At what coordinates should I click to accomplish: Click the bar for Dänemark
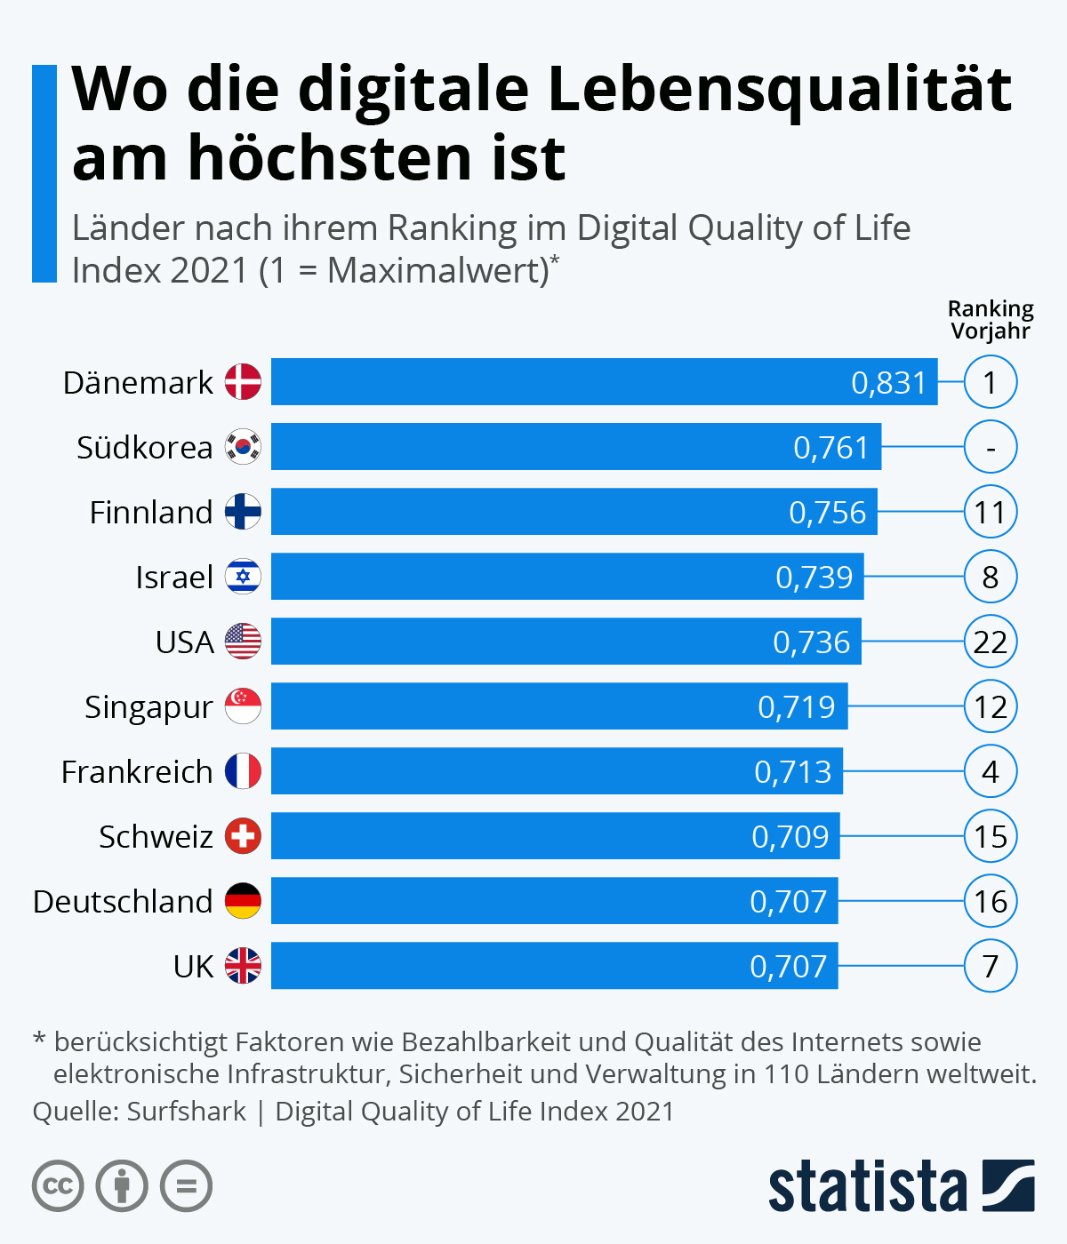pyautogui.click(x=605, y=382)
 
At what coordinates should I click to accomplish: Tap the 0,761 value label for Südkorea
pyautogui.click(x=830, y=447)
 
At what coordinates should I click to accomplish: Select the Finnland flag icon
pyautogui.click(x=243, y=512)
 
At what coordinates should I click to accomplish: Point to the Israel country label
pyautogui.click(x=174, y=577)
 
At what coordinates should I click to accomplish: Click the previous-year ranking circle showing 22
pyautogui.click(x=991, y=642)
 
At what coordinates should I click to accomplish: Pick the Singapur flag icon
pyautogui.click(x=243, y=706)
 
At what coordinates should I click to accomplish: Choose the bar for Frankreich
pyautogui.click(x=557, y=771)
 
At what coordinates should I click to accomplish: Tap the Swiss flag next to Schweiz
pyautogui.click(x=243, y=836)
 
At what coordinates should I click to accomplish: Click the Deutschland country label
pyautogui.click(x=123, y=901)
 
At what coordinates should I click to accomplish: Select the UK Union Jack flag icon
pyautogui.click(x=243, y=966)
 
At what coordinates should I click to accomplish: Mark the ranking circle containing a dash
pyautogui.click(x=991, y=447)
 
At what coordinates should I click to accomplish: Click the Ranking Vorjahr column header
pyautogui.click(x=991, y=320)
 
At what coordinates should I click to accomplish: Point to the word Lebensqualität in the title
pyautogui.click(x=779, y=92)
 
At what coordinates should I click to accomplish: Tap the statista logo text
pyautogui.click(x=867, y=1186)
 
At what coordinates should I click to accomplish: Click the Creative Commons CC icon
pyautogui.click(x=58, y=1186)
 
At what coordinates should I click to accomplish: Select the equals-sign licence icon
pyautogui.click(x=187, y=1186)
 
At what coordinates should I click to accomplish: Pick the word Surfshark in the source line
pyautogui.click(x=187, y=1112)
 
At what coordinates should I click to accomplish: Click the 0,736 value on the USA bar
pyautogui.click(x=811, y=642)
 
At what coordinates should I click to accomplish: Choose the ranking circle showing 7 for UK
pyautogui.click(x=991, y=966)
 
